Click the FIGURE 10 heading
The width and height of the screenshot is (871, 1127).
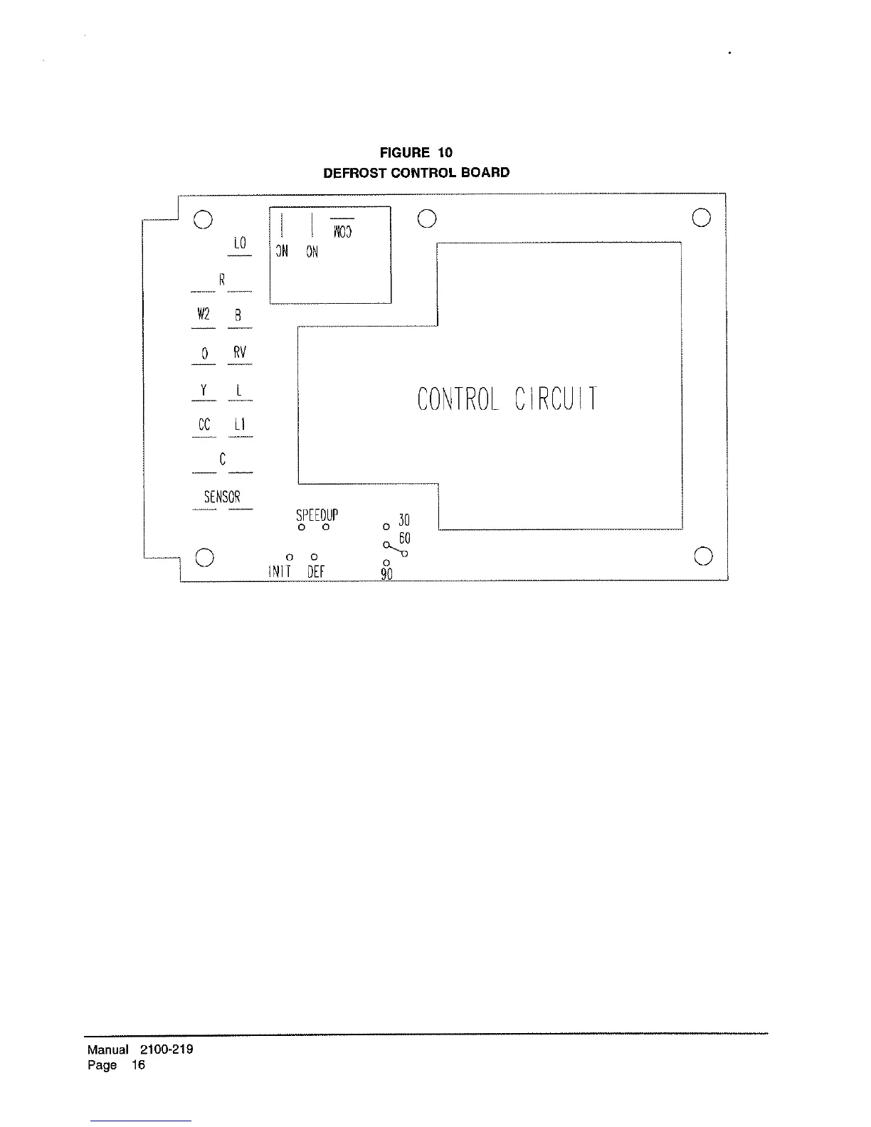tap(416, 153)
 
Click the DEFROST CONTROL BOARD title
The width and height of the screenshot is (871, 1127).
tap(416, 173)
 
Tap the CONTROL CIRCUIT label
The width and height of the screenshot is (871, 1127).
tap(507, 399)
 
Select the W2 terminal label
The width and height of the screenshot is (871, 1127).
tap(204, 314)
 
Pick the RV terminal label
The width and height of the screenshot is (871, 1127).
tap(240, 352)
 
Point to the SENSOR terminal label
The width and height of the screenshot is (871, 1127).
tap(222, 497)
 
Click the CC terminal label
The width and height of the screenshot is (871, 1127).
tap(204, 425)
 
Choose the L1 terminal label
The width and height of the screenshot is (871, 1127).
tap(240, 425)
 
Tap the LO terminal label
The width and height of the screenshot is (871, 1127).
tap(240, 243)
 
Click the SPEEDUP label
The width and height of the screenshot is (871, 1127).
tap(317, 514)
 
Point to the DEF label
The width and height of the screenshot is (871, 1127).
tap(316, 571)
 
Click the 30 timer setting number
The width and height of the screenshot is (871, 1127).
tap(404, 520)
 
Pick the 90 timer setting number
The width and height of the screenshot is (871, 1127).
tap(387, 573)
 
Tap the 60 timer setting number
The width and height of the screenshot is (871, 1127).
tap(404, 538)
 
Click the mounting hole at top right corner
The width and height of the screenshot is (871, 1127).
tap(701, 218)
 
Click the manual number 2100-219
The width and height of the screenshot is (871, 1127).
tap(167, 1049)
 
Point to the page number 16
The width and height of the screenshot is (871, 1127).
tap(138, 1065)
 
